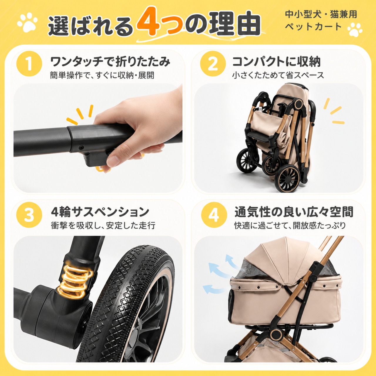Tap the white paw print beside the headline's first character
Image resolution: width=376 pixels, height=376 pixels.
tap(27, 22)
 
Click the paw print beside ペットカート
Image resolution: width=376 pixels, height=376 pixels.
tap(355, 29)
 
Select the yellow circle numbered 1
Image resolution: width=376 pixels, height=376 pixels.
tap(29, 64)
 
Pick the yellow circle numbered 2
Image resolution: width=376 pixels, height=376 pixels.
tap(213, 64)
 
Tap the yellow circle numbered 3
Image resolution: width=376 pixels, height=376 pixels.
tap(29, 215)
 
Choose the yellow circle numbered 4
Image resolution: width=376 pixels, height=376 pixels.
tap(214, 215)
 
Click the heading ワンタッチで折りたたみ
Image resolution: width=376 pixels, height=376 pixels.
tap(110, 62)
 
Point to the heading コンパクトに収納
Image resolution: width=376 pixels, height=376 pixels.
tap(276, 62)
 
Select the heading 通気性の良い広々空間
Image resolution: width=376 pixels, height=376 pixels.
tap(294, 212)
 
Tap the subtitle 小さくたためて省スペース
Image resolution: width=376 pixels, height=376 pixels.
tap(278, 75)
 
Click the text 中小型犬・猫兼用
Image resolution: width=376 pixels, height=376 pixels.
tap(321, 14)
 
